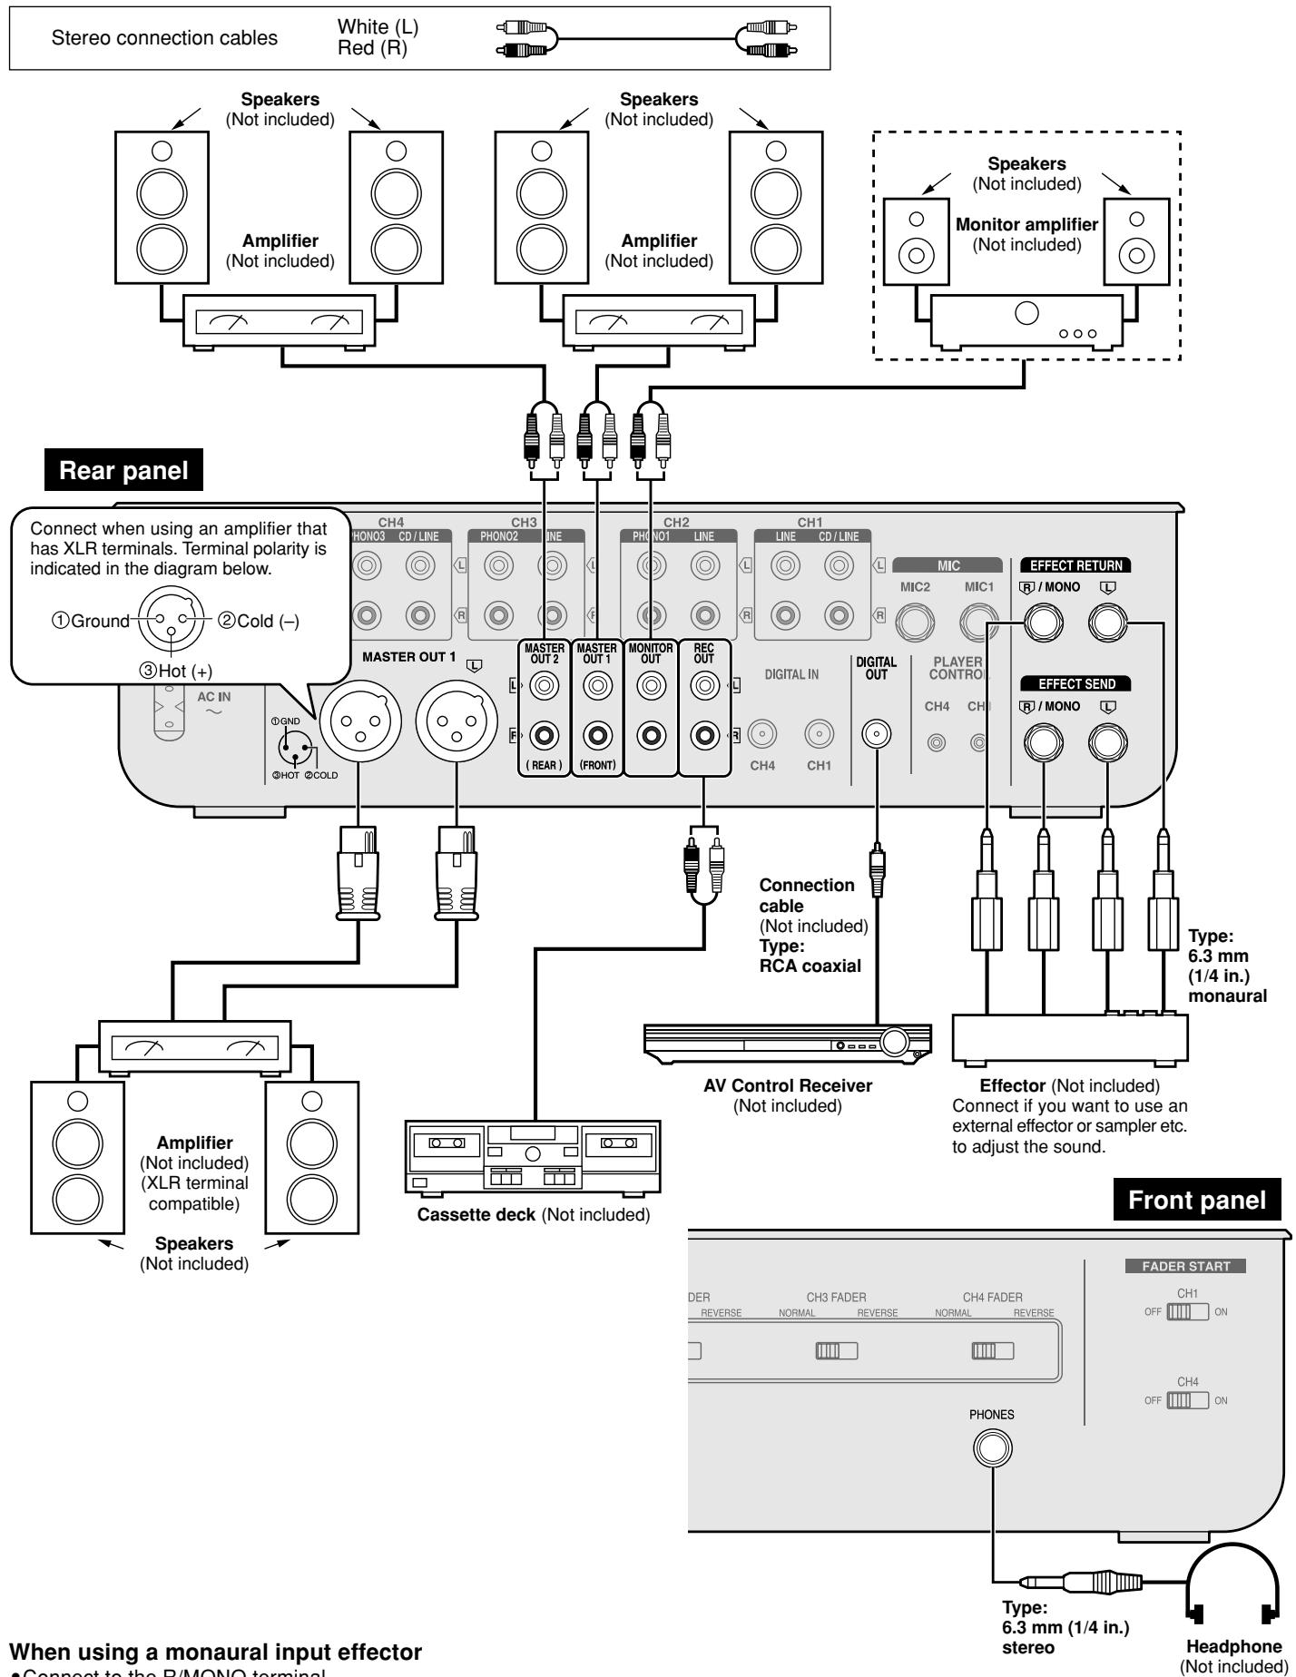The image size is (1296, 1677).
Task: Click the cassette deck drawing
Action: tap(531, 1156)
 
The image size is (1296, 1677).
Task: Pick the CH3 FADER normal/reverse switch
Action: tap(836, 1350)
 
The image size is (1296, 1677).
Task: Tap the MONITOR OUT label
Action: tap(651, 653)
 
